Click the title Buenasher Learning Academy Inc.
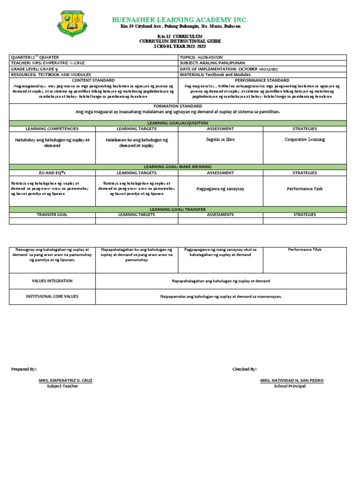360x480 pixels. pyautogui.click(x=180, y=20)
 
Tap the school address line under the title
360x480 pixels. pyautogui.click(x=180, y=27)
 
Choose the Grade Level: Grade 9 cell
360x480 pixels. pyautogui.click(x=32, y=69)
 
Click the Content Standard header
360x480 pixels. pyautogui.click(x=93, y=80)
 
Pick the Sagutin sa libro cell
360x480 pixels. pyautogui.click(x=220, y=140)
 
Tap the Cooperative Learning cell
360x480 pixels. pyautogui.click(x=305, y=140)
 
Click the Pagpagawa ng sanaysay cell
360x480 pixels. pyautogui.click(x=220, y=189)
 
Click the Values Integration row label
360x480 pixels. pyautogui.click(x=52, y=281)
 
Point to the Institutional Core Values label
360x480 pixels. pyautogui.click(x=52, y=297)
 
